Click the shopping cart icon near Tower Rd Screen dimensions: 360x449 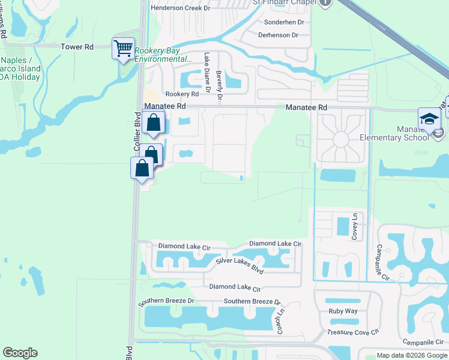tap(123, 48)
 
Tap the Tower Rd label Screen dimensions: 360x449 tap(77, 47)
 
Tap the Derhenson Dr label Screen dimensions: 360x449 tap(277, 35)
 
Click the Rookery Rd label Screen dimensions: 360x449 tap(182, 94)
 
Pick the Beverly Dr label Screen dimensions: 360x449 tap(220, 85)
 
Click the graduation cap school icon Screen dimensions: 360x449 tap(430, 118)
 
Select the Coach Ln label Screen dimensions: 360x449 tap(280, 324)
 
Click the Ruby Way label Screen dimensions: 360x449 tap(343, 311)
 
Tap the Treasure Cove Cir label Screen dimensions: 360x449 tap(354, 332)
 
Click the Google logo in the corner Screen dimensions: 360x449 tap(20, 353)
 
